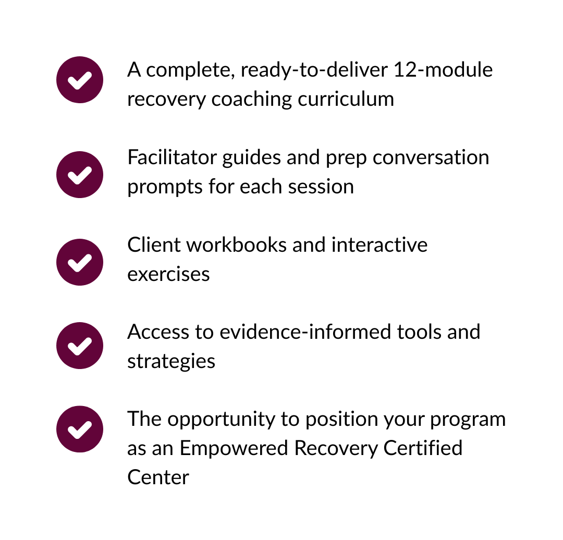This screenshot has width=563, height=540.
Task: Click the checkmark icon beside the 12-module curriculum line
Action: click(x=80, y=80)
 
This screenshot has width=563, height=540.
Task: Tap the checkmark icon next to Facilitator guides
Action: click(x=80, y=175)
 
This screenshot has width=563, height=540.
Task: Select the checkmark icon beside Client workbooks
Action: click(x=80, y=262)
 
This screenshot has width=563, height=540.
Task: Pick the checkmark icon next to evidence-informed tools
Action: click(x=80, y=346)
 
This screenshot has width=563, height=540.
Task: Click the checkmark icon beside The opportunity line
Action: click(x=80, y=429)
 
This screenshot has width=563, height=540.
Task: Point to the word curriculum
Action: click(x=346, y=99)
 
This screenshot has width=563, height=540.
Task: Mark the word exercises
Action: click(x=168, y=274)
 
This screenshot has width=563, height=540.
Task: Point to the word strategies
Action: click(x=171, y=361)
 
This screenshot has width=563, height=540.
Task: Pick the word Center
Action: click(x=158, y=477)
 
